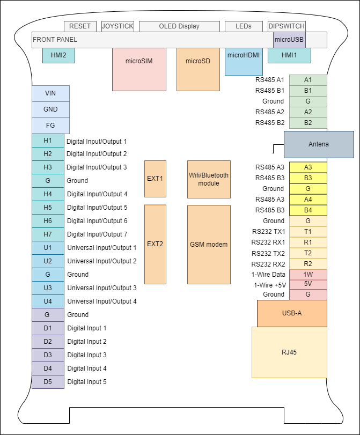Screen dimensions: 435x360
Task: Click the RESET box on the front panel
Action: tap(80, 26)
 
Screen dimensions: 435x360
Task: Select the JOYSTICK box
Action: tap(117, 26)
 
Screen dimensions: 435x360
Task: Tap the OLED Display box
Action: tap(179, 26)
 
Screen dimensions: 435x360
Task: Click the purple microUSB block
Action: tap(289, 39)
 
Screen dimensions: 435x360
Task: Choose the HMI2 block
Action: tap(58, 55)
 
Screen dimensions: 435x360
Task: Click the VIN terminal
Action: tap(50, 93)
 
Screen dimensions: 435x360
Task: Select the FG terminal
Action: tap(50, 126)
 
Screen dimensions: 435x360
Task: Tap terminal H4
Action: tap(48, 194)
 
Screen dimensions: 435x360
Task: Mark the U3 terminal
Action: tap(48, 287)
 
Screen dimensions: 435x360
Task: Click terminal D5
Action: tap(48, 381)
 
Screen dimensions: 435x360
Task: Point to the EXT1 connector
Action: tap(155, 179)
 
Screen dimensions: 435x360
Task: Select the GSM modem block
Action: tap(209, 245)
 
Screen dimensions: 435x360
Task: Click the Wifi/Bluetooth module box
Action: tap(209, 179)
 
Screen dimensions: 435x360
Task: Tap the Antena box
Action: tap(319, 144)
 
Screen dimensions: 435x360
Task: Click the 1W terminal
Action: tap(308, 274)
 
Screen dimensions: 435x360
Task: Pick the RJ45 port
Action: tap(289, 352)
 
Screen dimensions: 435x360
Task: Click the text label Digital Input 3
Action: tap(86, 355)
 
